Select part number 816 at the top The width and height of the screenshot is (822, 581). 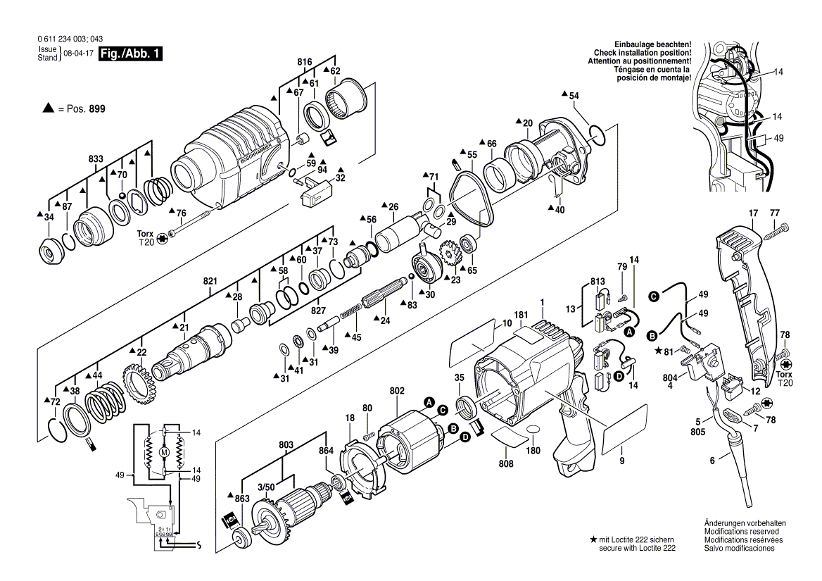[x=304, y=63]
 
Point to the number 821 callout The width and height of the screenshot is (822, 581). [x=210, y=281]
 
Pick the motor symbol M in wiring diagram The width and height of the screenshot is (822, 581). [x=164, y=451]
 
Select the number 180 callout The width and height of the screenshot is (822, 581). [x=536, y=450]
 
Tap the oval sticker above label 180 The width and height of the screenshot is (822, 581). [x=533, y=429]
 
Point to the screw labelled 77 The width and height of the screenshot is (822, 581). [x=778, y=227]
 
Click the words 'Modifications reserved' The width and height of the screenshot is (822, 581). [x=739, y=531]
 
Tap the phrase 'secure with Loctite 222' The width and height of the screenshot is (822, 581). [x=638, y=547]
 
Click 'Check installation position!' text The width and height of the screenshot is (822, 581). [x=642, y=53]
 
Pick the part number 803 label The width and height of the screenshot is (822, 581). [x=286, y=446]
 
